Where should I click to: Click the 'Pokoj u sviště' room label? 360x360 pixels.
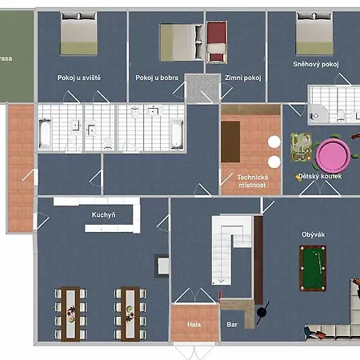click(x=79, y=78)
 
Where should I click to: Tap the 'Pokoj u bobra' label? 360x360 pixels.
click(x=157, y=78)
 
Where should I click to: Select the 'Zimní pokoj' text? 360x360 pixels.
click(x=243, y=78)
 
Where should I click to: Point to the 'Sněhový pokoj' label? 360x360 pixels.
click(x=316, y=64)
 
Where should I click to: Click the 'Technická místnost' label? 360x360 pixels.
click(x=252, y=181)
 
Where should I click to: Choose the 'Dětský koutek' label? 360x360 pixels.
click(x=320, y=176)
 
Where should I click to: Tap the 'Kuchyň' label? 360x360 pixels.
click(x=104, y=214)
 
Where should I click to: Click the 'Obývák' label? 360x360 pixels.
click(x=314, y=234)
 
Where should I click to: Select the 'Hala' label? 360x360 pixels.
click(x=194, y=325)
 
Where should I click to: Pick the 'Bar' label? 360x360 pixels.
click(x=232, y=325)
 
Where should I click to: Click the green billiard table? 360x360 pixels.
click(x=313, y=268)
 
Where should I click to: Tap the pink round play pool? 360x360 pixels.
click(x=333, y=155)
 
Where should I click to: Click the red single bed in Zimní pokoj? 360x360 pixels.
click(x=217, y=42)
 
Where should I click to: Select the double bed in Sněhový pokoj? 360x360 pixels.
click(x=314, y=33)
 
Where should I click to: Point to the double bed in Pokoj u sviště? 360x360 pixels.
click(x=78, y=33)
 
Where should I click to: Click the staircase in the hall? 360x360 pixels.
click(x=231, y=250)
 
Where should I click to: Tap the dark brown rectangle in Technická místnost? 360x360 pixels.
click(x=230, y=142)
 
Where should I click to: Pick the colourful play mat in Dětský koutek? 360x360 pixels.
click(x=302, y=147)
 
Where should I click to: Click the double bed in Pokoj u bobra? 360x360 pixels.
click(x=181, y=42)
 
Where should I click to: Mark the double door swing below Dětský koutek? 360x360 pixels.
click(x=320, y=189)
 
